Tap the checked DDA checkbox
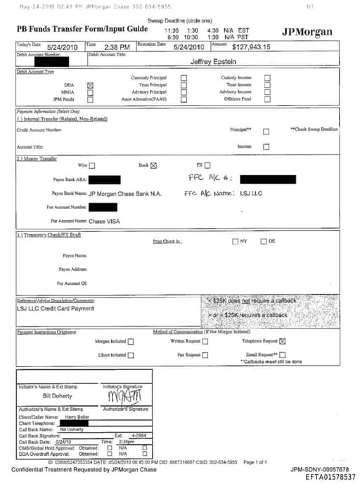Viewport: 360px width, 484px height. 89,85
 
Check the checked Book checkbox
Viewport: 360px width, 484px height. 154,165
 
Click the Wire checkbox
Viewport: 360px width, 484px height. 91,165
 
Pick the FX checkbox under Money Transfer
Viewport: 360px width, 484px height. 207,165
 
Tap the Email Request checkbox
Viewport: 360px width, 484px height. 283,355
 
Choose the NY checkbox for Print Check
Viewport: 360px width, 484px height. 236,242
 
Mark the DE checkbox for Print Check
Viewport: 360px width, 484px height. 264,242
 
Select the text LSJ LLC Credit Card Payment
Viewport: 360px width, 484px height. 55,308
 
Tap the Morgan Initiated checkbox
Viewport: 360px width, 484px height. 131,341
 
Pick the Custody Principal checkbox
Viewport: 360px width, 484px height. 184,78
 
